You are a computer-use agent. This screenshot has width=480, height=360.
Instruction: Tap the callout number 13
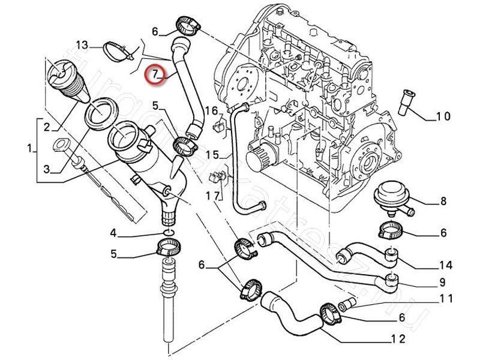coord(82,45)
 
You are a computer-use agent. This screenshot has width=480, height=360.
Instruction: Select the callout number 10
coord(443,116)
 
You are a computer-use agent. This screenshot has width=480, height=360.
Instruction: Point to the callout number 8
coord(443,202)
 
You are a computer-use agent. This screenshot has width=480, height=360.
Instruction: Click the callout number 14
coord(445,265)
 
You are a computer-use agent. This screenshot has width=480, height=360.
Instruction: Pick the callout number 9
coord(442,283)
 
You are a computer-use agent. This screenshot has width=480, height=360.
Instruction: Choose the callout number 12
coord(397,340)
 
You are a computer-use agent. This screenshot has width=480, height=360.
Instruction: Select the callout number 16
coord(211,110)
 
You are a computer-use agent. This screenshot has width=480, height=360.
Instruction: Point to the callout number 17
coord(212,196)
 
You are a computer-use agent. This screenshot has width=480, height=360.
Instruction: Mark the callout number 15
coord(212,155)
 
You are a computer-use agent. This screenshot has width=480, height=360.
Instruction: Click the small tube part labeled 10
coord(406,102)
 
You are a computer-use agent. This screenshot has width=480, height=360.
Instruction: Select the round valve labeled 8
coord(391,199)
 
